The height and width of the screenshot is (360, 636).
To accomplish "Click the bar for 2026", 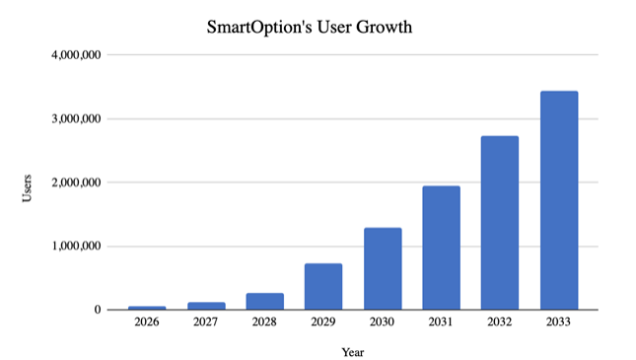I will click(147, 308).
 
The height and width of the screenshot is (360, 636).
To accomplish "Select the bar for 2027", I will click(206, 306).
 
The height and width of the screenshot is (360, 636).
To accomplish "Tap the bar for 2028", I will click(264, 302).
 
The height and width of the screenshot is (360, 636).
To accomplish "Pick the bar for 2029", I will click(323, 287).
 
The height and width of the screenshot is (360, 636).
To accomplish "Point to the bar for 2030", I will click(383, 269).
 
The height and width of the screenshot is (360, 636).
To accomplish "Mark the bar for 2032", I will click(500, 223).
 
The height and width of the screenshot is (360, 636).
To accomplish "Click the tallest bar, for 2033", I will click(559, 201).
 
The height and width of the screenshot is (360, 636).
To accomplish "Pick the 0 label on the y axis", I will click(97, 310).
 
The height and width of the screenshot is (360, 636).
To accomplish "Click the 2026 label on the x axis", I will click(147, 323).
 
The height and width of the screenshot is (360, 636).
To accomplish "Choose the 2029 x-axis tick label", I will click(323, 323).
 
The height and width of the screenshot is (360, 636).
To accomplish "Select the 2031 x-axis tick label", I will click(441, 323).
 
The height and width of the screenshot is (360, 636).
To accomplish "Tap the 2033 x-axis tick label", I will click(559, 323).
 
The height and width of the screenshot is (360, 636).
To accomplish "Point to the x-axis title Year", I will click(353, 351).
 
